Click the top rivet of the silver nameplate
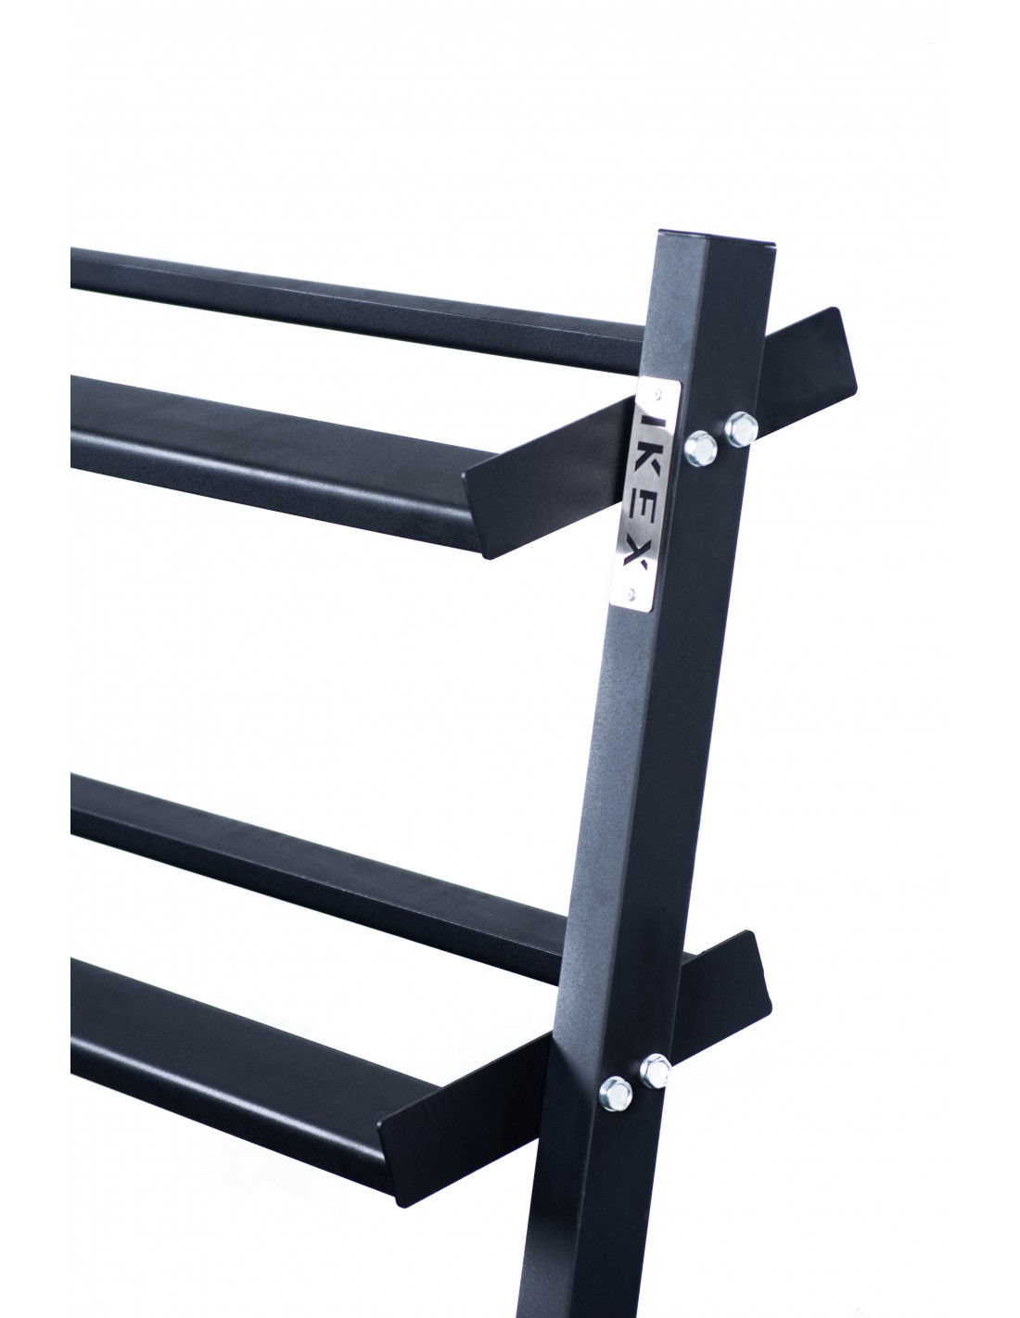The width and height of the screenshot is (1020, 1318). click(x=657, y=393)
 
